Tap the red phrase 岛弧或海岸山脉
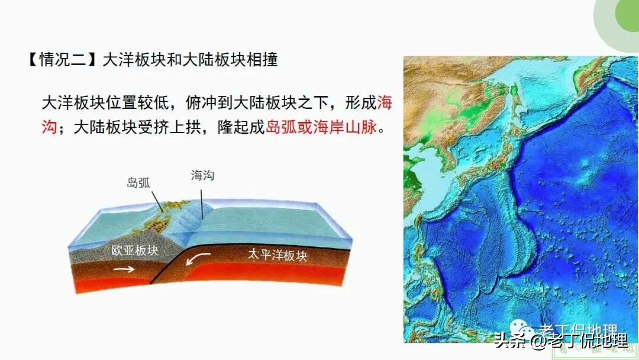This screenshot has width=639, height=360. (x=321, y=127)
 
